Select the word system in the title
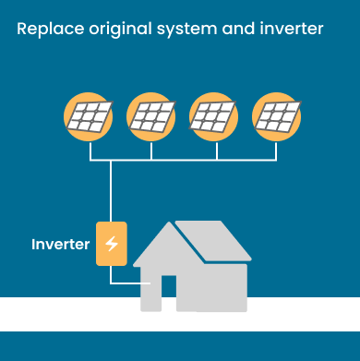click(192, 30)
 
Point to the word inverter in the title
click(292, 29)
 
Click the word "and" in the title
click(239, 29)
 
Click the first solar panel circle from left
click(90, 116)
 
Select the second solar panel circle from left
click(152, 116)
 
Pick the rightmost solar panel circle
click(277, 116)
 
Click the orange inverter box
click(112, 244)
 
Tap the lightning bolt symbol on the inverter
click(112, 244)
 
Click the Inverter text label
click(61, 245)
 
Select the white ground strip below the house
click(55, 314)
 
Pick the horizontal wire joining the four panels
click(185, 161)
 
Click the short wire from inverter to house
click(125, 282)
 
